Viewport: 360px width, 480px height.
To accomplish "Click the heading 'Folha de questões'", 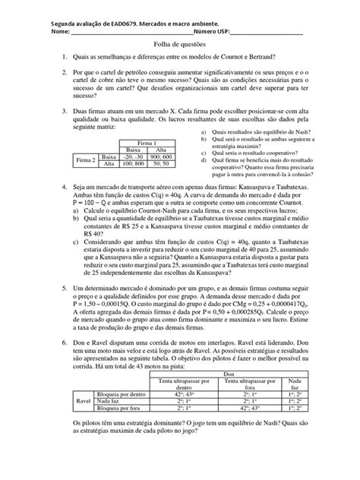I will [x=180, y=46].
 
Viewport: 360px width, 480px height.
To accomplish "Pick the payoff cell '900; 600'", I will [x=160, y=156].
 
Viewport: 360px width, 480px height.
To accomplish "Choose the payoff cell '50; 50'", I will [x=160, y=163].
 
